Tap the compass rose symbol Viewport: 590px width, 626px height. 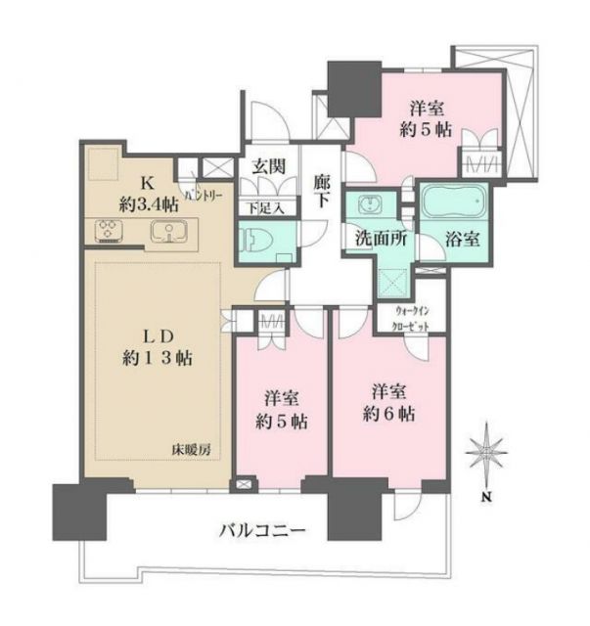486,457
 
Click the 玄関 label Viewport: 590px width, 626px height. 267,167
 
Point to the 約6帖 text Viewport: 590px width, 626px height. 388,414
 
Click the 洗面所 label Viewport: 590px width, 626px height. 376,238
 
